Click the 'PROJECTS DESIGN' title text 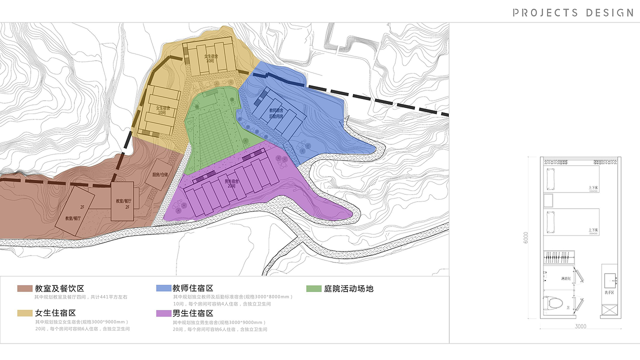[573, 12]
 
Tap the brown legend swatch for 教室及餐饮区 [24, 288]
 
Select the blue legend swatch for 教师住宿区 [163, 288]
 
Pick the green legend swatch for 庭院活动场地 [313, 288]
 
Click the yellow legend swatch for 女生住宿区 [24, 313]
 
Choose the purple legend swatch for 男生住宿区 [163, 313]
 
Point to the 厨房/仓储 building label [160, 175]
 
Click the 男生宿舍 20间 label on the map [230, 183]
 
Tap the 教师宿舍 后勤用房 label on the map [276, 113]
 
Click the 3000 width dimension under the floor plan [580, 326]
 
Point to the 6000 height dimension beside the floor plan [526, 237]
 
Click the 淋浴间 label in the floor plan [566, 278]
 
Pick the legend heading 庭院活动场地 [348, 288]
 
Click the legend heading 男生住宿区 [193, 313]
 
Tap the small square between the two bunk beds [548, 200]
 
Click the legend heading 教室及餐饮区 [59, 288]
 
